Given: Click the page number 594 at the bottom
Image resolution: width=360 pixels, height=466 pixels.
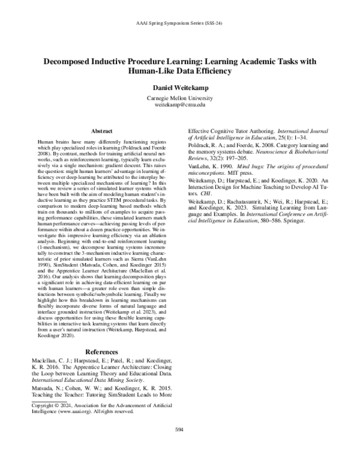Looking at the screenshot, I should tap(179, 446).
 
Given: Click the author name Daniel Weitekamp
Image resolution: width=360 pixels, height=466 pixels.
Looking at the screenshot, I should tap(180, 87).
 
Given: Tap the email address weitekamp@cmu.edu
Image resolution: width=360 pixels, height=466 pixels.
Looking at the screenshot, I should tap(180, 104).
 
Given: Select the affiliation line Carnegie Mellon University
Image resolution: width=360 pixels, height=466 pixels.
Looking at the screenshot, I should tap(180, 98).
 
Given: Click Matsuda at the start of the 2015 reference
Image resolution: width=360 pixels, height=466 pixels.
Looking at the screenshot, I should tap(41, 387).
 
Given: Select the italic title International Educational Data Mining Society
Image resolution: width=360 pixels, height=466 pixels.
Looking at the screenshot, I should tap(86, 380).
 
